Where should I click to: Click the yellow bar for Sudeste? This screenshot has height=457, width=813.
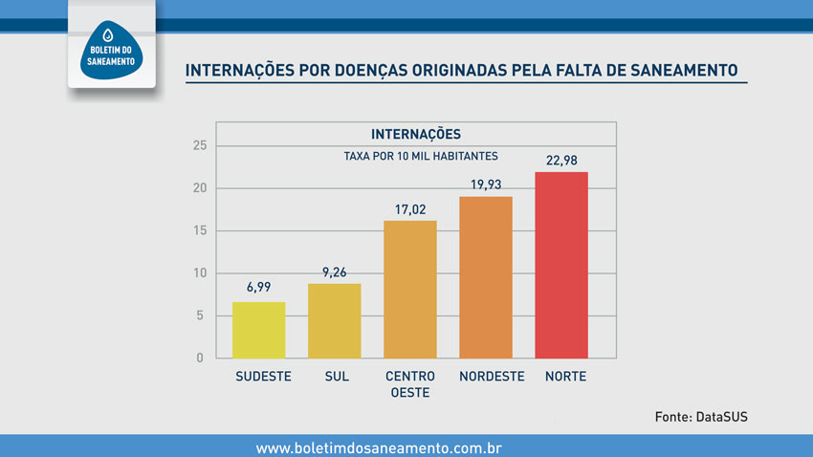(x=258, y=330)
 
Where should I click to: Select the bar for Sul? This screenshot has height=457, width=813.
(x=334, y=320)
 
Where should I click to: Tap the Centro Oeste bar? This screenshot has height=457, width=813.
(x=409, y=289)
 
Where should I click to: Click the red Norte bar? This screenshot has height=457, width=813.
(x=561, y=265)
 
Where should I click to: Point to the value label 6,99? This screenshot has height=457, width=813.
(x=258, y=287)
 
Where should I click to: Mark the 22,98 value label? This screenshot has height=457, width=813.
(x=561, y=160)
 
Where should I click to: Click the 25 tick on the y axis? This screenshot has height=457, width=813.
(x=199, y=145)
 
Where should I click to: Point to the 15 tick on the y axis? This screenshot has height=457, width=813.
(x=199, y=230)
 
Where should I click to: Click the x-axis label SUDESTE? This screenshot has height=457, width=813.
(x=263, y=377)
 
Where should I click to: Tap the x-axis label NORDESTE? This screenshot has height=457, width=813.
(x=492, y=377)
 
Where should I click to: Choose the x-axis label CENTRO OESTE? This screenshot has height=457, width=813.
(x=409, y=384)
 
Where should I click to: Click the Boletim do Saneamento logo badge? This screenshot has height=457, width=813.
(x=111, y=45)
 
